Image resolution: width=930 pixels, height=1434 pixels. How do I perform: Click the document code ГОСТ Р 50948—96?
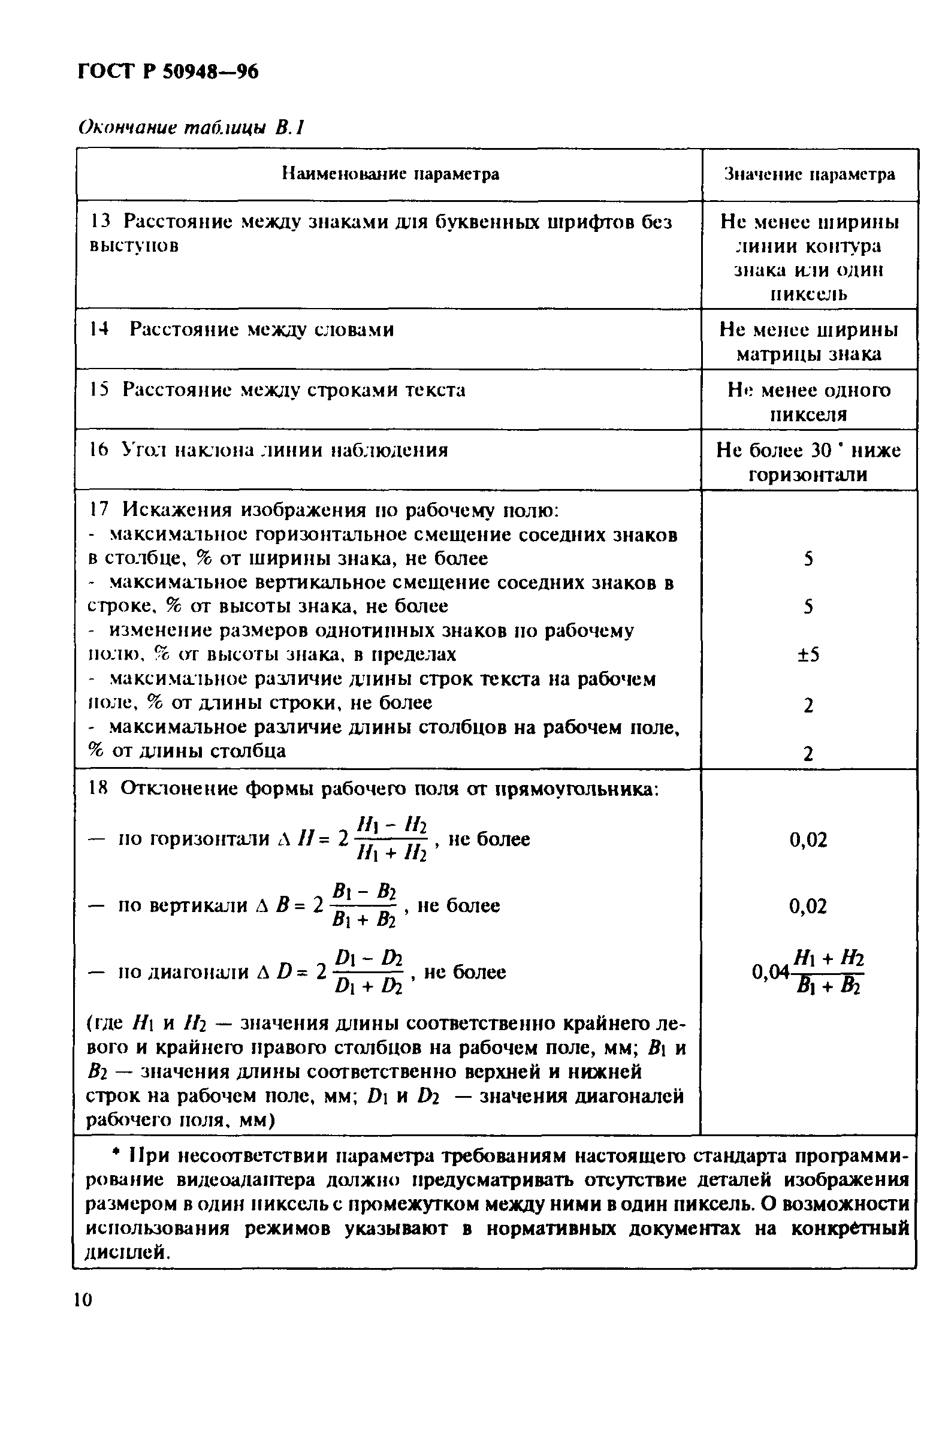coord(168,72)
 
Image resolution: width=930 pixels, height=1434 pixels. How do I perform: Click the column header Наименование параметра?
coord(390,174)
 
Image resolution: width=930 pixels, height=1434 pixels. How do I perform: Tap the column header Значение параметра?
coord(809,174)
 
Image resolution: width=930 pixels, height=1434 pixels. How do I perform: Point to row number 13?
coord(100,222)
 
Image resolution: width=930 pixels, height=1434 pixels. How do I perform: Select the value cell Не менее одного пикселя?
coord(808,402)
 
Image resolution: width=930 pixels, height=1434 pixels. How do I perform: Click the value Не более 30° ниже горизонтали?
coord(808,462)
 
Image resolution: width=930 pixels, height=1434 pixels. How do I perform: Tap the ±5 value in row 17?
coord(808,654)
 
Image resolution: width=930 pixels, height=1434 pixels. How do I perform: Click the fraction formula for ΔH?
coord(391,839)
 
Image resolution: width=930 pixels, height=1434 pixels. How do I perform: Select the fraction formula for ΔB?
coord(364,905)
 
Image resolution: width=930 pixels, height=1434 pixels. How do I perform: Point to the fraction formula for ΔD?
coord(368,971)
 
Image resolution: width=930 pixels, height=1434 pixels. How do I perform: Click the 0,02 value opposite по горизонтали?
coord(808,840)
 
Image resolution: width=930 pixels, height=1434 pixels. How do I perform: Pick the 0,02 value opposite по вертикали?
coord(808,905)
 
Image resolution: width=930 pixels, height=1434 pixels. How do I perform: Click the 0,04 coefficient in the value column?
coord(770,971)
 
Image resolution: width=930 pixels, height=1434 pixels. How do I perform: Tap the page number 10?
coord(83,1300)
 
